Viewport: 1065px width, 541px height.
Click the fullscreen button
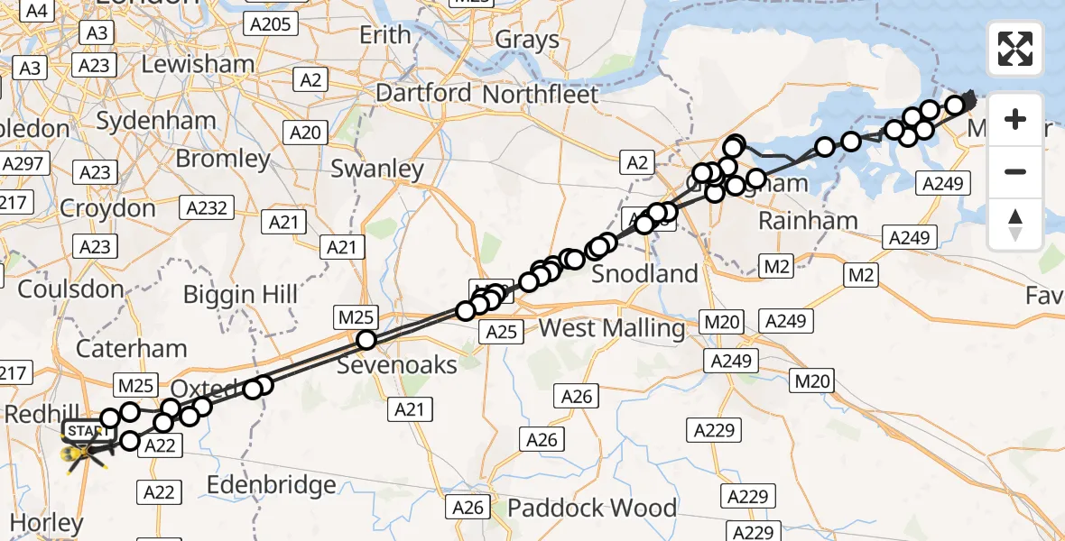click(1015, 49)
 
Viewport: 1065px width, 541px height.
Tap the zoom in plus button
click(1015, 119)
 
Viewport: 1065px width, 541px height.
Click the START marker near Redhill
click(86, 431)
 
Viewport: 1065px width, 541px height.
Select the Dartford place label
click(423, 93)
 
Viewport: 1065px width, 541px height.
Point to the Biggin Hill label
click(240, 294)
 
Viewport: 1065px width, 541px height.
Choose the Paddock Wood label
click(591, 508)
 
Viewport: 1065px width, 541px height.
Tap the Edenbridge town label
click(271, 485)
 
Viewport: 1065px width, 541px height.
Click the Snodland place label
click(644, 274)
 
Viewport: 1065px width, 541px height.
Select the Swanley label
click(377, 169)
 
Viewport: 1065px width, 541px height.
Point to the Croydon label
click(107, 208)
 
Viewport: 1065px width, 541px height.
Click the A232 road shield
click(208, 208)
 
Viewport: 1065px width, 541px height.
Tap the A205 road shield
click(270, 24)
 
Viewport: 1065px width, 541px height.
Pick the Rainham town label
click(808, 220)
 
